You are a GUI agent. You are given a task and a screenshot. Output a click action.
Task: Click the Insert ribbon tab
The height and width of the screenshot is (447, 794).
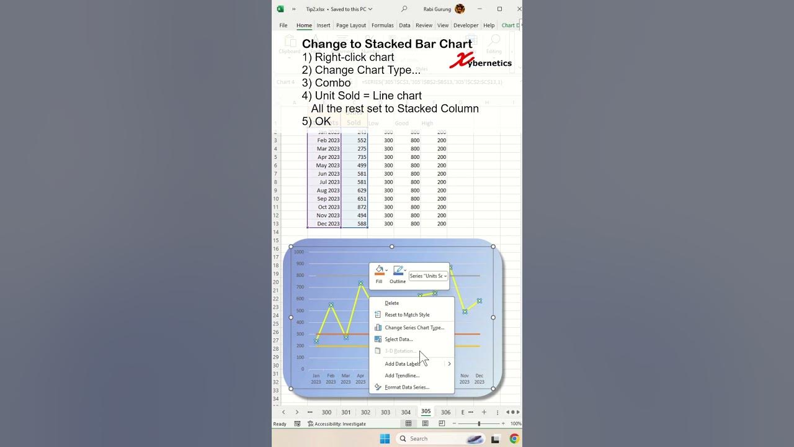pos(323,25)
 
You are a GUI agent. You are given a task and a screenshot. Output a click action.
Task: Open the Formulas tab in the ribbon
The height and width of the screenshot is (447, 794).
pos(382,25)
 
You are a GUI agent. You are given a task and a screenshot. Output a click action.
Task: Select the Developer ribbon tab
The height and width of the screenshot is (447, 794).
pos(466,25)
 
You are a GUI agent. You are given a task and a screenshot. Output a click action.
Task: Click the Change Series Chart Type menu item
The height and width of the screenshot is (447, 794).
pos(414,328)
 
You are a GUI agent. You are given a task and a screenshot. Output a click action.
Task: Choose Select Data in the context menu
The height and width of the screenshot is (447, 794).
pos(398,340)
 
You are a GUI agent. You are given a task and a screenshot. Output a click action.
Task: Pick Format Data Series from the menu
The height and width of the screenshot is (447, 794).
pos(406,387)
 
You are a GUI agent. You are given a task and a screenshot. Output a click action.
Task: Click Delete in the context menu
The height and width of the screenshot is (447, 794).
pos(392,304)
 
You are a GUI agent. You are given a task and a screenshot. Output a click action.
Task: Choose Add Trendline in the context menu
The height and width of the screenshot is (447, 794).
pos(402,376)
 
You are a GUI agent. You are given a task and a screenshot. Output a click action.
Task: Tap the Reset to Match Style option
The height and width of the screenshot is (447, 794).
pos(407,315)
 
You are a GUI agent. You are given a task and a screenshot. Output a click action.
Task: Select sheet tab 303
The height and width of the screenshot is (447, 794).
pos(385,412)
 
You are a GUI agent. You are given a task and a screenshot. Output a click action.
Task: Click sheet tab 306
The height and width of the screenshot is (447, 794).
pos(445,412)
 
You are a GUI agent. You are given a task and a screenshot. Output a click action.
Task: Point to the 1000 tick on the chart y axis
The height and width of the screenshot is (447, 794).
pos(299,252)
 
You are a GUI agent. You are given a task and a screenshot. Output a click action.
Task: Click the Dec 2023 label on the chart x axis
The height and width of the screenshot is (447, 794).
pos(479,379)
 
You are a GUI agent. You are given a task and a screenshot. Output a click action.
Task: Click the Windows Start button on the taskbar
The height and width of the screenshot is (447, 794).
pos(385,439)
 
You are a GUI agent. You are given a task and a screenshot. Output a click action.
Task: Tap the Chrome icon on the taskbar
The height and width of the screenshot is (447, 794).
pos(514,439)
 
